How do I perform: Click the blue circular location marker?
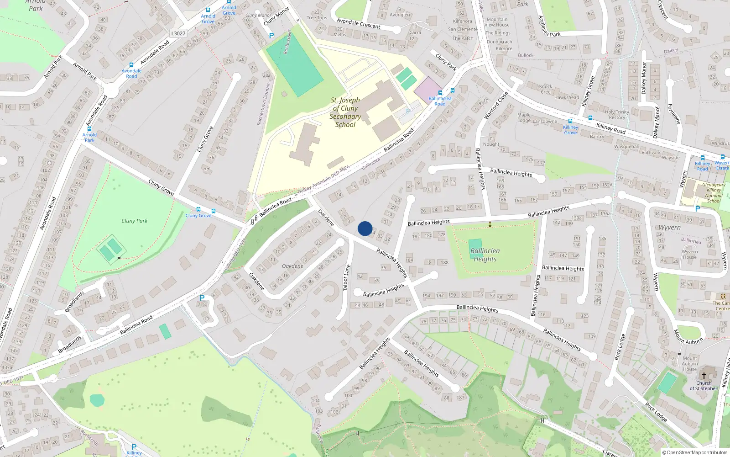[365, 228]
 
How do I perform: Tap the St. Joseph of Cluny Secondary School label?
[345, 112]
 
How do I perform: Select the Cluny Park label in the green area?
[134, 221]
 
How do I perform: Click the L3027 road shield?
[178, 33]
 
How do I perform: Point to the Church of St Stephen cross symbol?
[704, 376]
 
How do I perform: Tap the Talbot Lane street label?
[347, 277]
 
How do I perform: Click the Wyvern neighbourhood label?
[669, 227]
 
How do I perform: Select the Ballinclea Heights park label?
[485, 255]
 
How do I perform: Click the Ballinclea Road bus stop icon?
[452, 91]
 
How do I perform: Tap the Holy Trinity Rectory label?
[617, 115]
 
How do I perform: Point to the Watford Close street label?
[496, 106]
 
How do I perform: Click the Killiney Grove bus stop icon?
[570, 121]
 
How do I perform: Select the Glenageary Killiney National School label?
[714, 193]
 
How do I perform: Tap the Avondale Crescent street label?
[358, 23]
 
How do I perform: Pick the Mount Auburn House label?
[689, 364]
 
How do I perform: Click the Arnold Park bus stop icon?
[89, 129]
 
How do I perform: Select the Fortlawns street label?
[673, 114]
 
